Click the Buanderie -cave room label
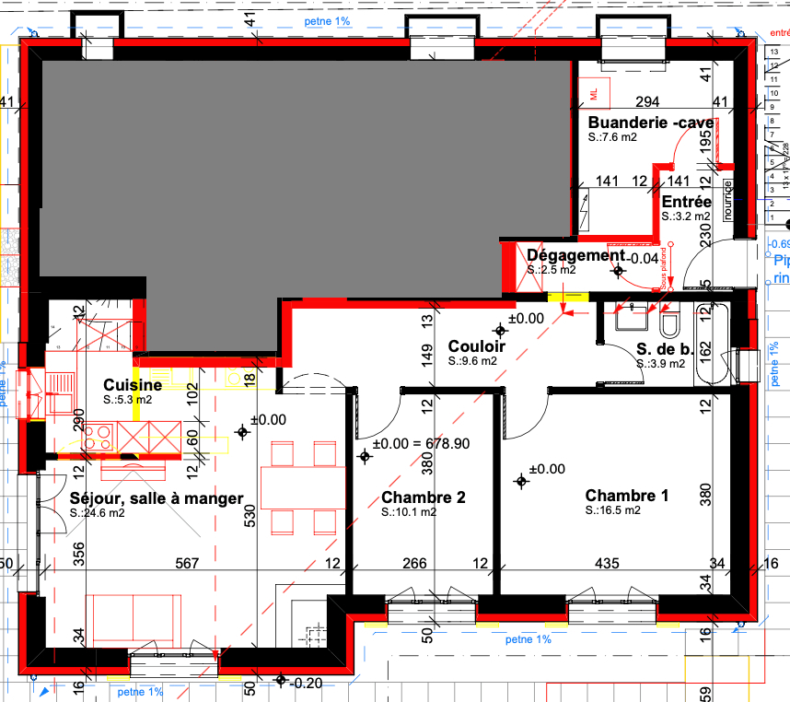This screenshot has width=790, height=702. [x=650, y=123]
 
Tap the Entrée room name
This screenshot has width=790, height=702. [x=686, y=202]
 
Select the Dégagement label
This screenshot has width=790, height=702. [x=575, y=255]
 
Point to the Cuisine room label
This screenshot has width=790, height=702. [x=133, y=385]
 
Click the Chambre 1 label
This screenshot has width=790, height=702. [x=626, y=496]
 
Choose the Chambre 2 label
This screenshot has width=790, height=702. [x=423, y=497]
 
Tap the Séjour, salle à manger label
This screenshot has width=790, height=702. [x=157, y=498]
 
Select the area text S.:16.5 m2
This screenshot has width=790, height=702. [x=612, y=510]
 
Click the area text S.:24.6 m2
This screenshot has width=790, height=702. [x=98, y=513]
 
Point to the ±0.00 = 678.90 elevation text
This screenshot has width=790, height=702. [x=426, y=443]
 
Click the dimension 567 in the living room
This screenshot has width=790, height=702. [x=188, y=564]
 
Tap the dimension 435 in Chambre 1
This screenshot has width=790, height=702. [x=607, y=564]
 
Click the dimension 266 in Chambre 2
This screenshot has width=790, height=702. [x=414, y=564]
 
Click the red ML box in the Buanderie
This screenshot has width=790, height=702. [x=594, y=93]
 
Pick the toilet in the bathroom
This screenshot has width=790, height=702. [x=669, y=323]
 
